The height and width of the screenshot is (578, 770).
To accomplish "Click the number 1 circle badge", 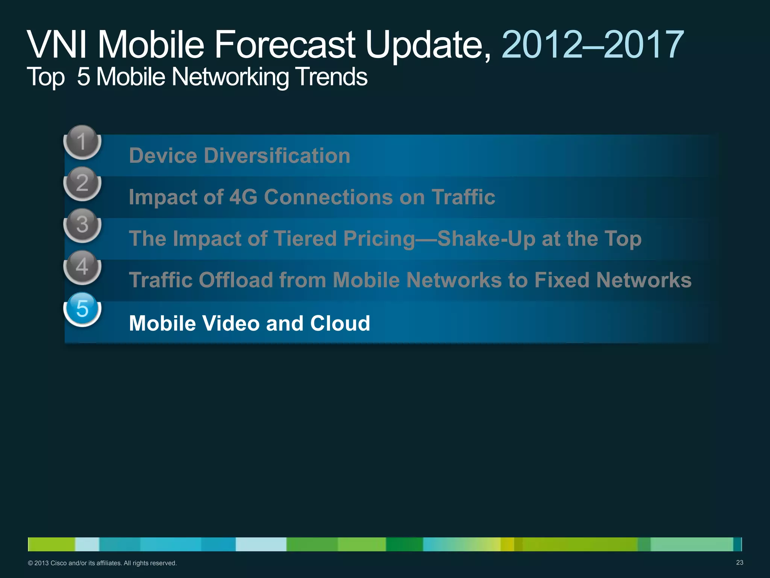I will pos(82,142).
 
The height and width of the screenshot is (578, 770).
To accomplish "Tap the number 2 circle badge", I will pos(82,184).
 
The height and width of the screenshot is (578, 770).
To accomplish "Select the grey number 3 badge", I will pos(82,225).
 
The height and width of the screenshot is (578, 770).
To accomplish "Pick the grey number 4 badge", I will pos(82,267).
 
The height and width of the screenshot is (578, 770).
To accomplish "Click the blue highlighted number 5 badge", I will pos(82,309).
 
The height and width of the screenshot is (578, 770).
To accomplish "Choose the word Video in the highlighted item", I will pos(231,323).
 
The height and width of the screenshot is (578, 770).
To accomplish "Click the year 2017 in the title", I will pos(643,45).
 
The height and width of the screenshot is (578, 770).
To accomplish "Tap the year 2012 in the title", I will pos(541,45).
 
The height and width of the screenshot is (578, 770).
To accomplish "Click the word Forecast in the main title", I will pos(285,45).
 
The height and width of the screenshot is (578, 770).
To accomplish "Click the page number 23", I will pos(739,563).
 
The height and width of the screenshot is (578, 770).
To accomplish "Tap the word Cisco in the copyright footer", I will pos(58,563).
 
